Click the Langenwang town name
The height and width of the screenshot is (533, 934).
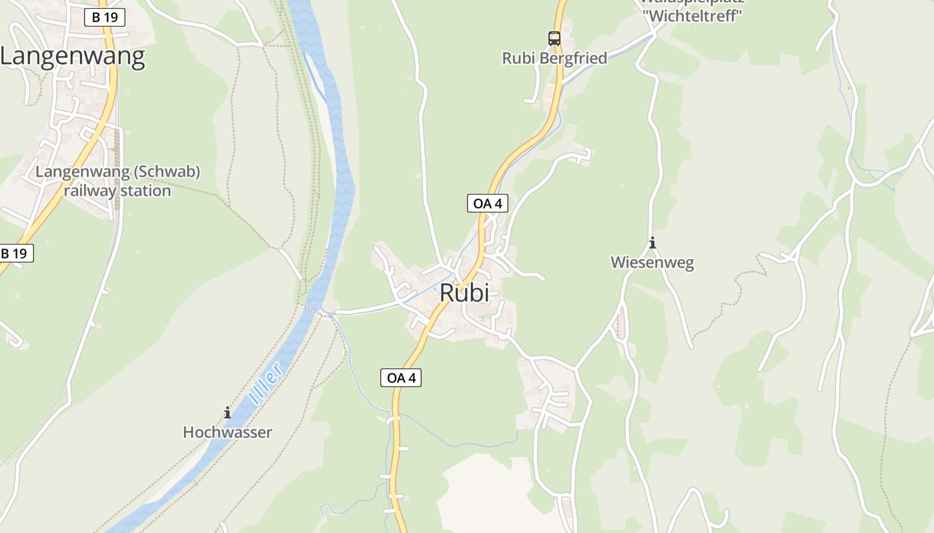[72, 57]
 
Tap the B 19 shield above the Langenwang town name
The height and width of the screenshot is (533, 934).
[105, 17]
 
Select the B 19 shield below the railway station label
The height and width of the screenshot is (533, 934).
[14, 253]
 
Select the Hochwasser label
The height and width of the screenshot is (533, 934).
[227, 432]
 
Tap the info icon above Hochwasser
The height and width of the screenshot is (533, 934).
[227, 413]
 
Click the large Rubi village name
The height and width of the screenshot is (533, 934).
[464, 293]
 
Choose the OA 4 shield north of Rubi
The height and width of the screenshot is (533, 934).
[487, 204]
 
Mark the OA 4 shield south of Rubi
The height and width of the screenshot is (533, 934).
[401, 378]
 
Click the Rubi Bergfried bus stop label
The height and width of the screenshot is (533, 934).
[554, 59]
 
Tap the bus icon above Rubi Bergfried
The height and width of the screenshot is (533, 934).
[554, 39]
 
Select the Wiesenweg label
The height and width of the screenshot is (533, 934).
[652, 263]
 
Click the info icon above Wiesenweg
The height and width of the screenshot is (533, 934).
[652, 243]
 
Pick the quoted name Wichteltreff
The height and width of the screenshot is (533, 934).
[691, 16]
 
